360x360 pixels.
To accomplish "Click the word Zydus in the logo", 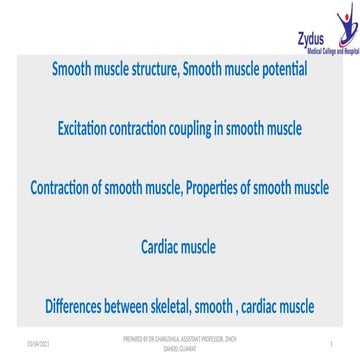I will click(x=312, y=38).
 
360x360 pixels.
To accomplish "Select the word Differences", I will click(x=81, y=304).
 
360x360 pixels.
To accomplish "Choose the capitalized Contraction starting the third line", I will click(x=68, y=188).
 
